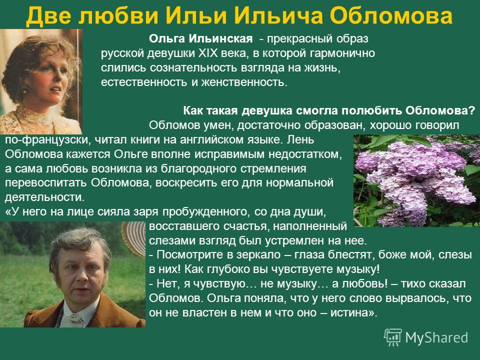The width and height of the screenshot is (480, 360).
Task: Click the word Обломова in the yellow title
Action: point(392,15)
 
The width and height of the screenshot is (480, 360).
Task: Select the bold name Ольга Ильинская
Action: point(201,38)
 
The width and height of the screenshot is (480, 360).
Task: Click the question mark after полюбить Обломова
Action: point(471,110)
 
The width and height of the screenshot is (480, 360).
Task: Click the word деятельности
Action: point(44,197)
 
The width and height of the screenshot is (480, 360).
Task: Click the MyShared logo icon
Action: point(393,337)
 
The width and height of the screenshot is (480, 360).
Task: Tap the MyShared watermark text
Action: point(437,337)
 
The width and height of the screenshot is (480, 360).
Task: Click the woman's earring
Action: point(24,90)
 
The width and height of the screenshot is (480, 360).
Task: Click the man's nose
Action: point(80,277)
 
